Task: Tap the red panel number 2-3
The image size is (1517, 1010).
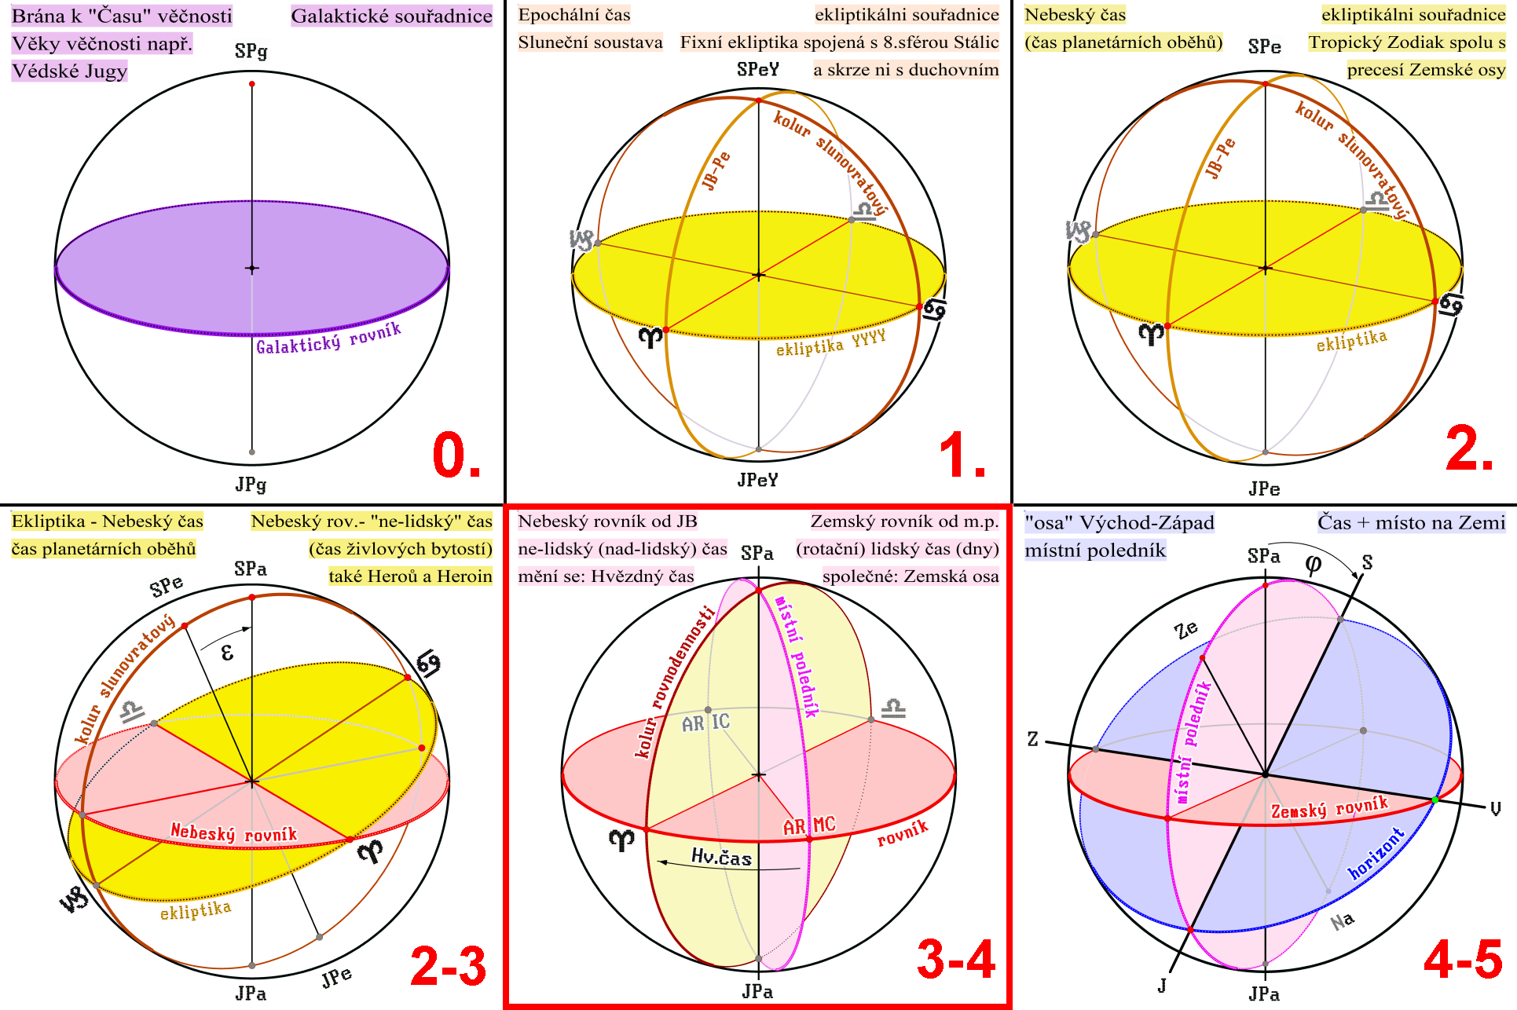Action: pos(449,965)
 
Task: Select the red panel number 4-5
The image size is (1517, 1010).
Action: pos(1464,960)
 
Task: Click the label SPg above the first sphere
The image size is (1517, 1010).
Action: pos(251,52)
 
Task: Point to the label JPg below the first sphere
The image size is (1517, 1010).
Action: pos(251,485)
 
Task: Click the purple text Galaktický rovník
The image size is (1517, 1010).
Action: pos(328,338)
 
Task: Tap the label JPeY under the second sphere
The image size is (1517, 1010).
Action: pos(758,480)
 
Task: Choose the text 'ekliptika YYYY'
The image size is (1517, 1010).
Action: pos(830,343)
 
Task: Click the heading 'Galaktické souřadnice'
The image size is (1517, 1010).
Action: pos(392,16)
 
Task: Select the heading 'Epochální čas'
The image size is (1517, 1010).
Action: pos(574,15)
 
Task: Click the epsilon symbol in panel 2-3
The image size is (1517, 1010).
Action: pos(227,652)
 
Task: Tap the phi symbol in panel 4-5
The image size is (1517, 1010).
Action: pos(1313,564)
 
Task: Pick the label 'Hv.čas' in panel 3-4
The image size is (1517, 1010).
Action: pos(721,856)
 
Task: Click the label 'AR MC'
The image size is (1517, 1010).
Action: pos(809,825)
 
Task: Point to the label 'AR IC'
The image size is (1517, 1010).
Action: pos(705,723)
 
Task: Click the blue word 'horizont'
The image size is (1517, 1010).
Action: pos(1376,853)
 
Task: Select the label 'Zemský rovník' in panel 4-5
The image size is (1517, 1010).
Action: pos(1329,807)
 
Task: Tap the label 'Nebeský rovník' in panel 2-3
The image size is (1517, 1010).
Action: pos(234,833)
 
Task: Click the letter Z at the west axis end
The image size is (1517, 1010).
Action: pos(1032,739)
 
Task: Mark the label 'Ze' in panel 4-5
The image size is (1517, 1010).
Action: pos(1186,629)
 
